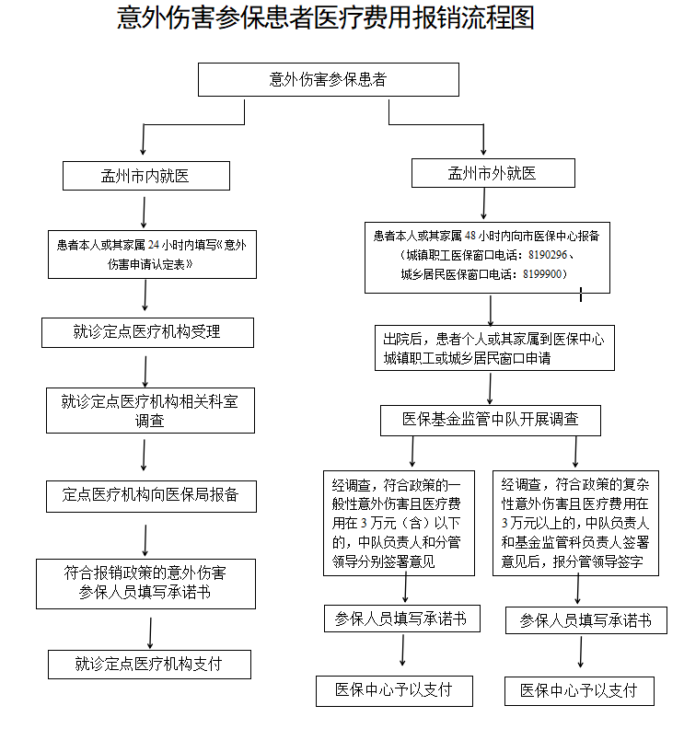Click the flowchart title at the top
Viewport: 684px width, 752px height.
click(326, 18)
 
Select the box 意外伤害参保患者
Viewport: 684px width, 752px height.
click(328, 79)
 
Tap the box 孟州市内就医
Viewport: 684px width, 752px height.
click(145, 176)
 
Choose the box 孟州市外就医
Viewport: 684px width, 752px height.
click(493, 173)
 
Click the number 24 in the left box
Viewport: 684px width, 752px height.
click(154, 245)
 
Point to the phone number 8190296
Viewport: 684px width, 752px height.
click(548, 255)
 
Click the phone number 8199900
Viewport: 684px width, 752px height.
click(541, 274)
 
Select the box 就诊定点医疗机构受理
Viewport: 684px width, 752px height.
click(147, 332)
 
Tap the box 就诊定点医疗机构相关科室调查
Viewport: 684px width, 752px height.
click(150, 411)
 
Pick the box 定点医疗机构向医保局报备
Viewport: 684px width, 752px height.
click(151, 496)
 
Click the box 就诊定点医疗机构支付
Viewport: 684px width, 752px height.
click(149, 665)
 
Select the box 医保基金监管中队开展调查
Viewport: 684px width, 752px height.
click(491, 421)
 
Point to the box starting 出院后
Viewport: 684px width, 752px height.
click(494, 348)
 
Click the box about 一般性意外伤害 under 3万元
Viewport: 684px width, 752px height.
click(399, 523)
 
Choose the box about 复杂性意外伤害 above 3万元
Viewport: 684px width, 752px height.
click(575, 523)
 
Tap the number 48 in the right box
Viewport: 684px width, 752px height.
click(470, 236)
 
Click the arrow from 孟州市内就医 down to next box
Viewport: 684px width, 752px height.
click(144, 212)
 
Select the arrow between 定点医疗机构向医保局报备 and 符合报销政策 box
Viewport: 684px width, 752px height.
click(145, 540)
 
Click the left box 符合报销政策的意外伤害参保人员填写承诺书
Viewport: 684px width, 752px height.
click(145, 584)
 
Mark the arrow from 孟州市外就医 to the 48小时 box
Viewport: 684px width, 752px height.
click(483, 203)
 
